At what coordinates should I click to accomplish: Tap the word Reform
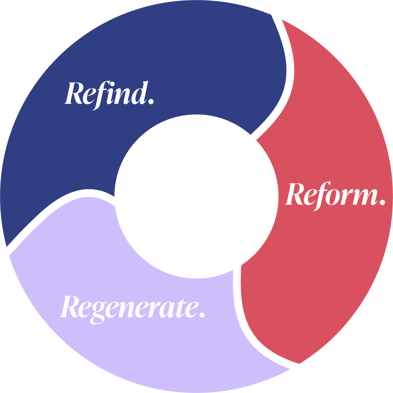[335, 195]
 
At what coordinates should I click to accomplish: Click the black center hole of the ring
[196, 196]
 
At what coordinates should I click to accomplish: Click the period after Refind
[151, 101]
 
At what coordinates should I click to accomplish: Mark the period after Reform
[382, 203]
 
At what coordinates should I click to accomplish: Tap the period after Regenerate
[202, 315]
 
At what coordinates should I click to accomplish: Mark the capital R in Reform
[295, 195]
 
